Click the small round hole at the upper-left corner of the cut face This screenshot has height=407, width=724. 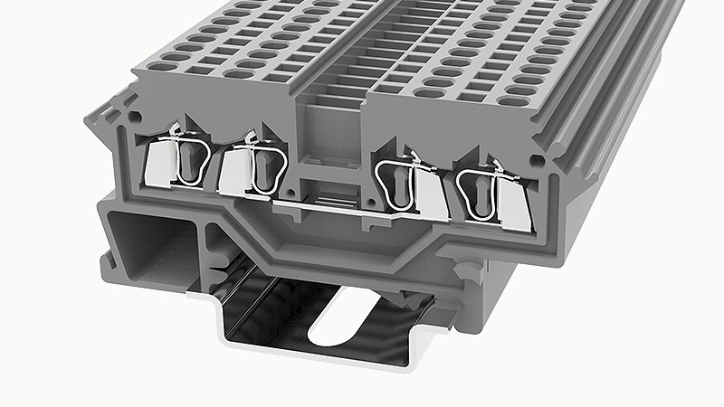click(x=136, y=117)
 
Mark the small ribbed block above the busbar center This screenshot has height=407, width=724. click(x=329, y=193)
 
